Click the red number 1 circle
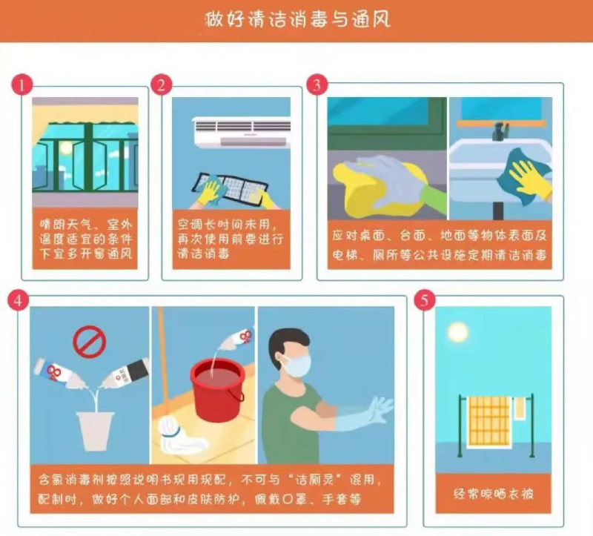click(x=22, y=85)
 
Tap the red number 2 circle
click(x=162, y=85)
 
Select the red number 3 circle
click(x=317, y=85)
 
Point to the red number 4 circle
click(x=18, y=301)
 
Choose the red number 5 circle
click(x=425, y=300)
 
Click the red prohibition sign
click(x=89, y=342)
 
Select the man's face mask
click(x=298, y=365)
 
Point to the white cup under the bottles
click(x=95, y=431)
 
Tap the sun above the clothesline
click(x=457, y=332)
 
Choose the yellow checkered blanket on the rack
click(x=489, y=422)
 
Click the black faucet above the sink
click(x=500, y=131)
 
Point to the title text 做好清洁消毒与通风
click(x=297, y=19)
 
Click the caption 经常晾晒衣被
click(x=494, y=494)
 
